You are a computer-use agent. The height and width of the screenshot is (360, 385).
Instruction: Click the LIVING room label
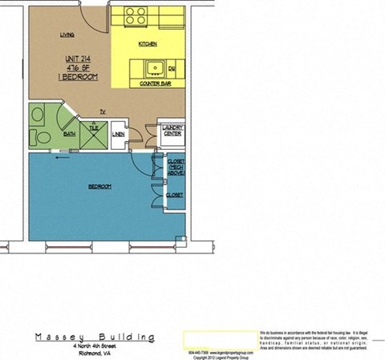tap(68, 34)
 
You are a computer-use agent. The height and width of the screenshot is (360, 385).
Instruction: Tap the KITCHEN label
tap(147, 43)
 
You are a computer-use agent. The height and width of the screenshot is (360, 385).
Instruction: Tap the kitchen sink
tap(153, 68)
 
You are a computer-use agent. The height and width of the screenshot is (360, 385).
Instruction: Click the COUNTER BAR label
tap(152, 83)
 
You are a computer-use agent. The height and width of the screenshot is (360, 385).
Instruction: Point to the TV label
tap(103, 111)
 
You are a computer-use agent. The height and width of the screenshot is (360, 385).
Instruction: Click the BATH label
tap(70, 135)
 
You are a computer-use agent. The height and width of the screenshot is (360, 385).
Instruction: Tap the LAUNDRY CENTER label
tap(172, 131)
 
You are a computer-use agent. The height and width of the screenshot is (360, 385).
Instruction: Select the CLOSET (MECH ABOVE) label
tap(176, 167)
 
